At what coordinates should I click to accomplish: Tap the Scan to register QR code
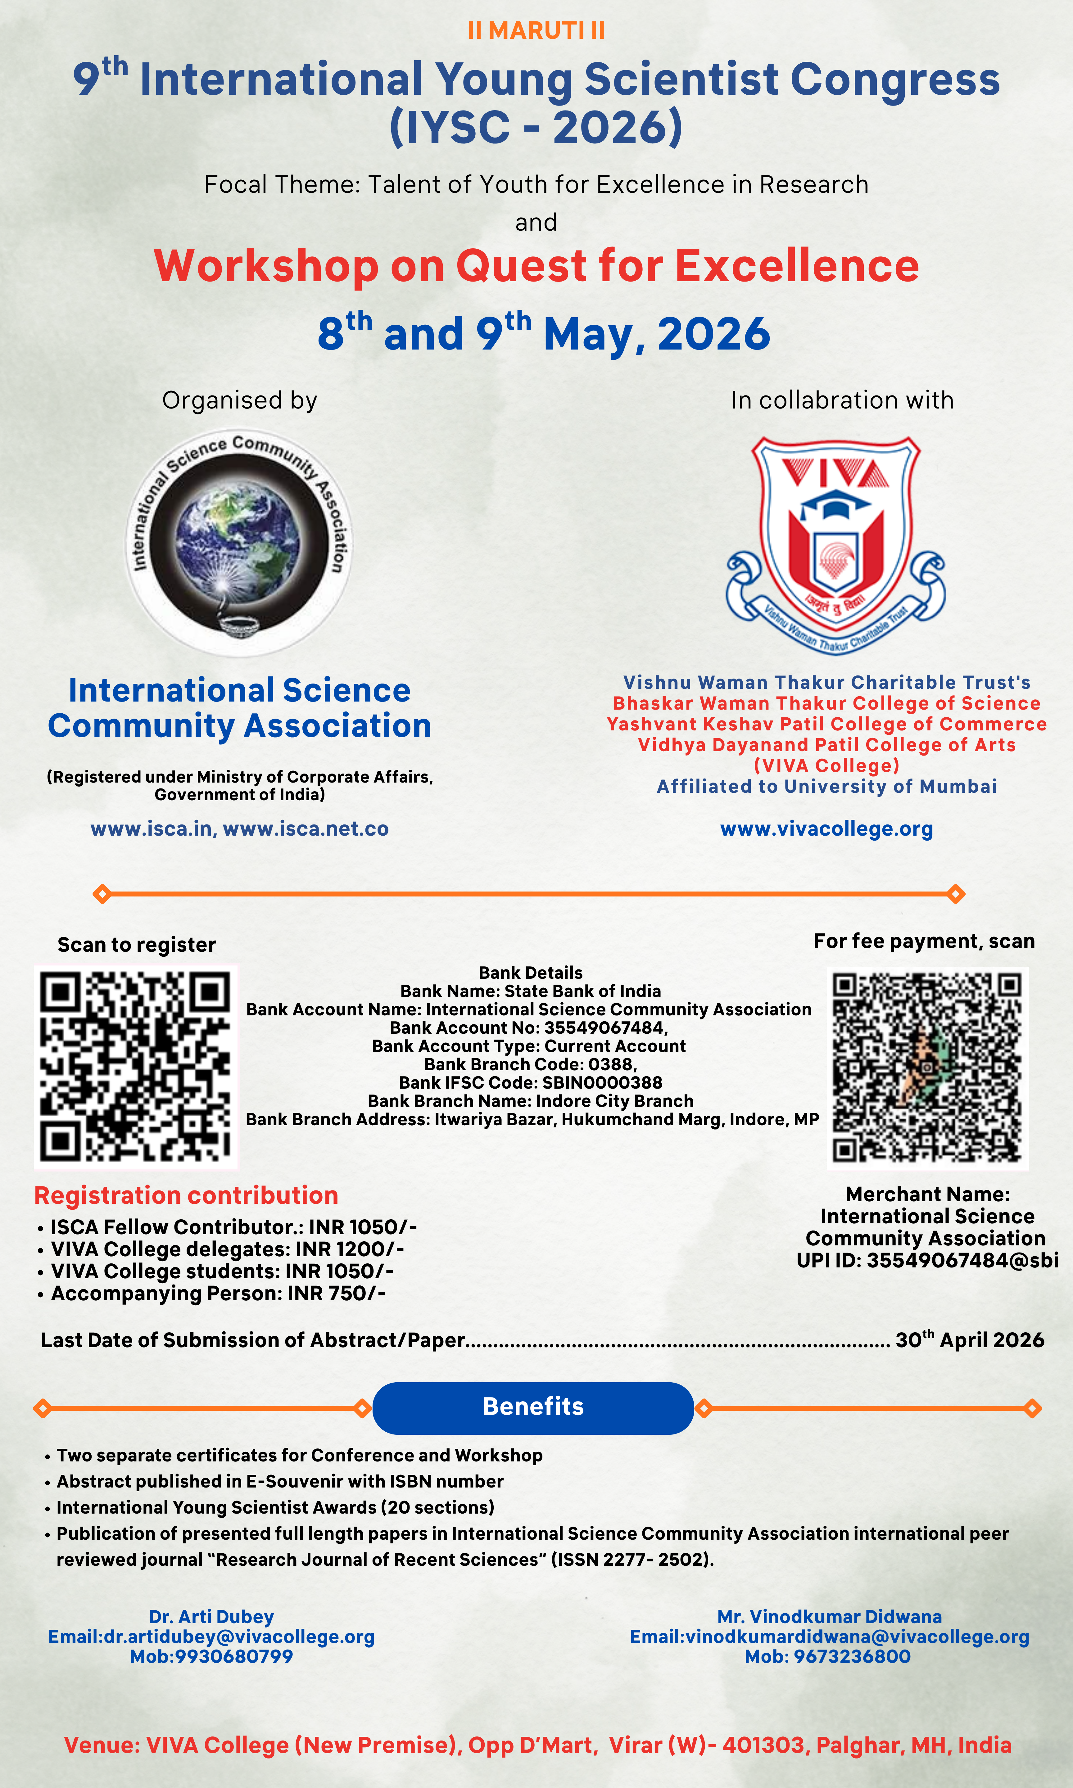tap(135, 1066)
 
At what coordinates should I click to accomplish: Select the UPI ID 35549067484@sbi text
tap(927, 1260)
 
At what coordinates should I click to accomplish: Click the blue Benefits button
tap(533, 1406)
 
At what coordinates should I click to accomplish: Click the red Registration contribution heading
tap(186, 1195)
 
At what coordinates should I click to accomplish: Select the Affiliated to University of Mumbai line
tap(826, 786)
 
